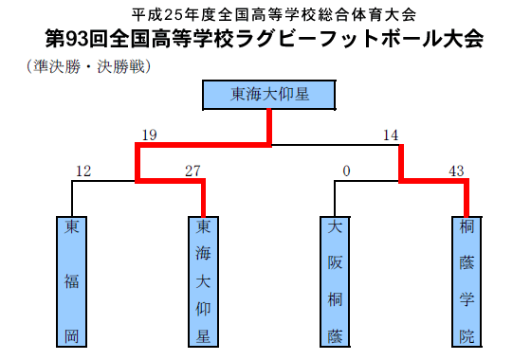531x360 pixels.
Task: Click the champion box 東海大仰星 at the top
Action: click(270, 94)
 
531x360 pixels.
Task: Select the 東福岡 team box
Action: click(72, 281)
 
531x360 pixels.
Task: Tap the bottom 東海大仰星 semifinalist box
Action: click(203, 281)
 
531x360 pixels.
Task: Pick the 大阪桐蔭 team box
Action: click(334, 281)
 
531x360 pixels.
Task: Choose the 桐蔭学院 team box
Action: click(466, 281)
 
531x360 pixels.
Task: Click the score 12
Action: click(82, 171)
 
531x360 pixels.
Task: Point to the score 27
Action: click(193, 171)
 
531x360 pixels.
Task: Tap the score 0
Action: click(346, 171)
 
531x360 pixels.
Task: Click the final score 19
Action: click(148, 135)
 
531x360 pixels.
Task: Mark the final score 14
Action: click(391, 135)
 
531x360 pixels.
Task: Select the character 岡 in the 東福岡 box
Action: click(72, 335)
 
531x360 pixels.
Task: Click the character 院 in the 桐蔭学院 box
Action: click(466, 335)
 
